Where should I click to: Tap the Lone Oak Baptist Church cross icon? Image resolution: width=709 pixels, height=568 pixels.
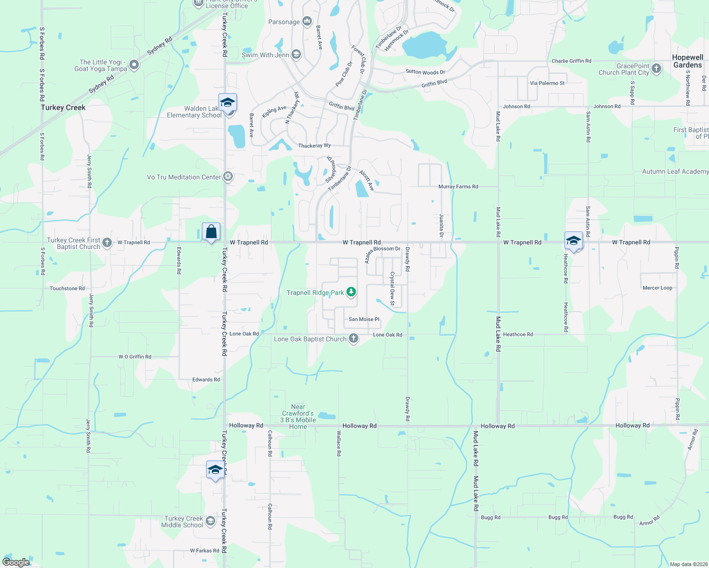point(354,338)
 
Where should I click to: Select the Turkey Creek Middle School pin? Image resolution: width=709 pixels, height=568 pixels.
point(210,521)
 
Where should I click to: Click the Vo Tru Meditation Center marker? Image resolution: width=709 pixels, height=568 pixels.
point(228,177)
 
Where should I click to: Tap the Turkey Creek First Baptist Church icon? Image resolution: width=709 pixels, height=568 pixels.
point(107,243)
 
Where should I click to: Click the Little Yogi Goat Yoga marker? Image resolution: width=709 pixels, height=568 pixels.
point(134,65)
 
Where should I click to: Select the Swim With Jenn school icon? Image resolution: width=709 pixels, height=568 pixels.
point(296,54)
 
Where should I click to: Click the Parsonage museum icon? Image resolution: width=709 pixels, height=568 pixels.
point(307,21)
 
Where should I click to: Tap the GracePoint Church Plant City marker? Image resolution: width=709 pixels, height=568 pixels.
point(656,69)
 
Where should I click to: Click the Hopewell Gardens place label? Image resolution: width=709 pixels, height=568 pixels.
point(687,61)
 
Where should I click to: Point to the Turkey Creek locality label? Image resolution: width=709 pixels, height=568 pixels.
point(63,107)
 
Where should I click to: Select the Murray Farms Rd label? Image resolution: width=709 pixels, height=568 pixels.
point(458,186)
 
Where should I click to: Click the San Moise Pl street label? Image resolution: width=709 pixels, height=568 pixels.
point(364,319)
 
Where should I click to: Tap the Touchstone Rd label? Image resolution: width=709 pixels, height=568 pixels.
point(67,288)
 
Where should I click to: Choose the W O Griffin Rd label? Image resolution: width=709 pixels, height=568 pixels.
point(135,356)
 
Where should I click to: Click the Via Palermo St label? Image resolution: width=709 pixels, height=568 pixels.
point(547,83)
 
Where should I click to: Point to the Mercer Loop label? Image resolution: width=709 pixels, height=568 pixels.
point(657,288)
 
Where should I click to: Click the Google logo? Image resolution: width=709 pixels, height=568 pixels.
point(16,562)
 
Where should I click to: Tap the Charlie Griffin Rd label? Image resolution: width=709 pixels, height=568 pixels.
point(571,61)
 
